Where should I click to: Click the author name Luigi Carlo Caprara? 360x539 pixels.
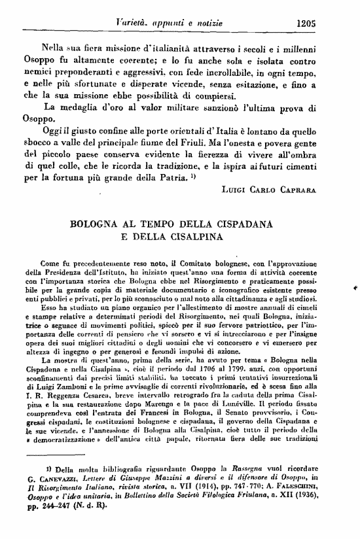(x=279, y=188)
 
